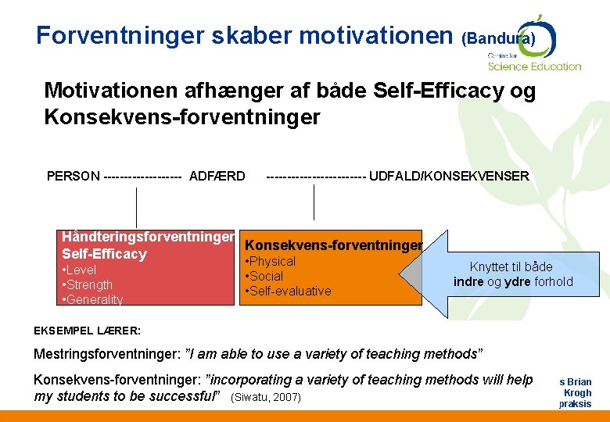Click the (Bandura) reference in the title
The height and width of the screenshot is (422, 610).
498,38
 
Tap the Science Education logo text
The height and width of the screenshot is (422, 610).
535,66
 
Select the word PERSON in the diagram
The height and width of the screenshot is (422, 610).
74,176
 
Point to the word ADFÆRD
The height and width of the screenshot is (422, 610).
217,176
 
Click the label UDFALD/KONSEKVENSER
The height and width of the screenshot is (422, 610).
449,176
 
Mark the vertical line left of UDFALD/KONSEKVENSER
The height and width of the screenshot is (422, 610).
314,202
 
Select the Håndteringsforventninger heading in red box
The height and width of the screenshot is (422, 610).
148,237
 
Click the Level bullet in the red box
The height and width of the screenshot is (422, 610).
81,270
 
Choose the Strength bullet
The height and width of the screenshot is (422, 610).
88,285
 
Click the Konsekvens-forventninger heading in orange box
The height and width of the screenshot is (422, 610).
334,245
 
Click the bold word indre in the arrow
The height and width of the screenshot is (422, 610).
468,282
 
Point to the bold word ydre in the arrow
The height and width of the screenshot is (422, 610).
518,282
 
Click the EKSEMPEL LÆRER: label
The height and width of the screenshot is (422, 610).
86,330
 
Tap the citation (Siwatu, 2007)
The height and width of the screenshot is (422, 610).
266,398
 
